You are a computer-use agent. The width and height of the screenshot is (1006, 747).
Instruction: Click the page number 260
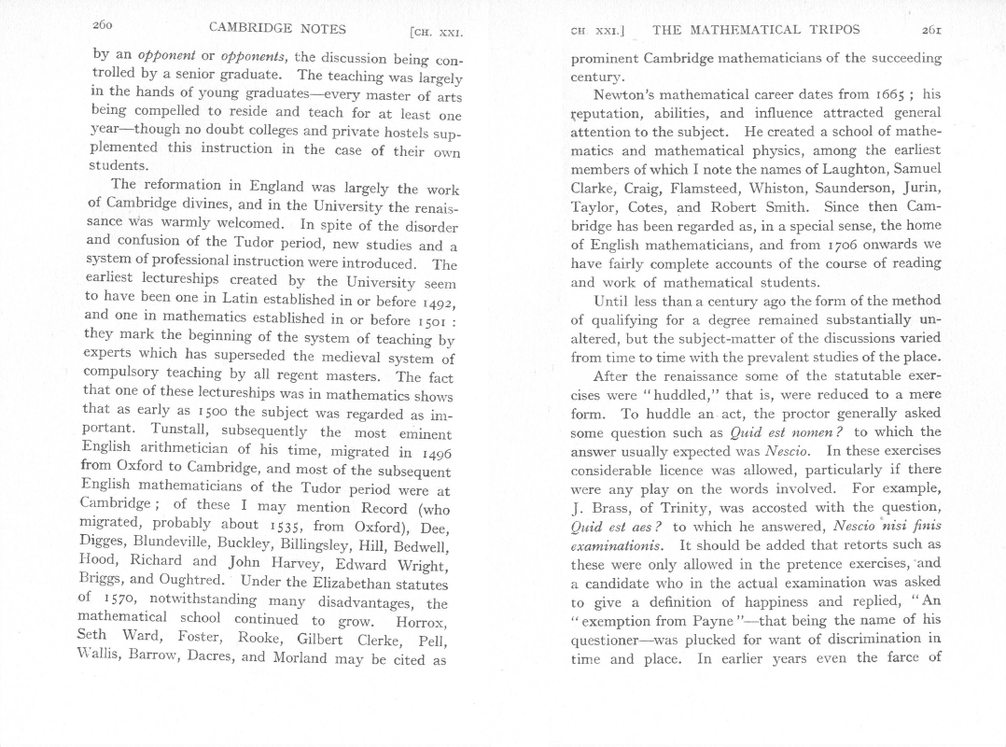click(x=104, y=26)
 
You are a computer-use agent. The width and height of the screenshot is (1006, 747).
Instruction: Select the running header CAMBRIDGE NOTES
click(x=277, y=28)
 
